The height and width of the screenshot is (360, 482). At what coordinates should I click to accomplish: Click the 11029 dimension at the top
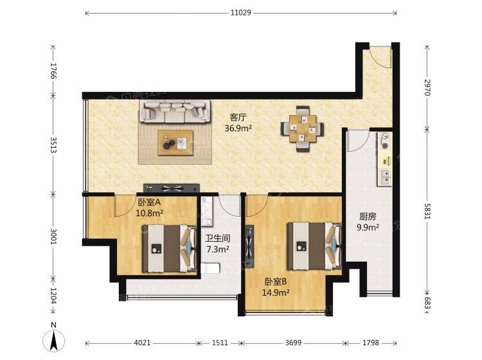click(241, 13)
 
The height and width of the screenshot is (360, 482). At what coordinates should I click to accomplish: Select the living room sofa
click(175, 111)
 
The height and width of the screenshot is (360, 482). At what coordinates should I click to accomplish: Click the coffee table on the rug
click(175, 143)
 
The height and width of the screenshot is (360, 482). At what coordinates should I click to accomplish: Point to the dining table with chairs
click(302, 129)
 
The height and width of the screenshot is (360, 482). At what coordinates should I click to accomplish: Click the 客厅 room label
click(238, 118)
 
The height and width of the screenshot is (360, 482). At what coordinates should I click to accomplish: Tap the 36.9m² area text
click(238, 128)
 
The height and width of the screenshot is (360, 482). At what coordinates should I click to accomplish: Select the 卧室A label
click(149, 203)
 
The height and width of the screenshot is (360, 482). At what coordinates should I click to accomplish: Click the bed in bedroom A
click(169, 248)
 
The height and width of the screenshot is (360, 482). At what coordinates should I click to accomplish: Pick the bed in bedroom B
click(314, 246)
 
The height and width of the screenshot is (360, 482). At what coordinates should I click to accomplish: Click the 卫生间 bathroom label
click(218, 239)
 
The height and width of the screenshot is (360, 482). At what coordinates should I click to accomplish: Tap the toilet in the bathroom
click(210, 268)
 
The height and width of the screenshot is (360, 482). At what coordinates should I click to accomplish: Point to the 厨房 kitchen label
click(368, 217)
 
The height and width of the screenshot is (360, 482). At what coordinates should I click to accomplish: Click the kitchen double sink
click(385, 177)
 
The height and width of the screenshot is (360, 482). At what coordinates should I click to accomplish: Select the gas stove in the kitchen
click(385, 141)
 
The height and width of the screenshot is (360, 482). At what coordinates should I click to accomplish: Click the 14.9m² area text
click(276, 292)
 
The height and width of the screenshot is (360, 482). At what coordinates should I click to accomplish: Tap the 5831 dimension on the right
click(427, 211)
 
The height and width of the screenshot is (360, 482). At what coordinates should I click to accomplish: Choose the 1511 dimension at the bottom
click(220, 343)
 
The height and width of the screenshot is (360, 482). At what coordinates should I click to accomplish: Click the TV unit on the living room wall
click(172, 188)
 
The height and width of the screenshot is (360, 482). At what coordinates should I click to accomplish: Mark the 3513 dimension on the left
click(53, 145)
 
